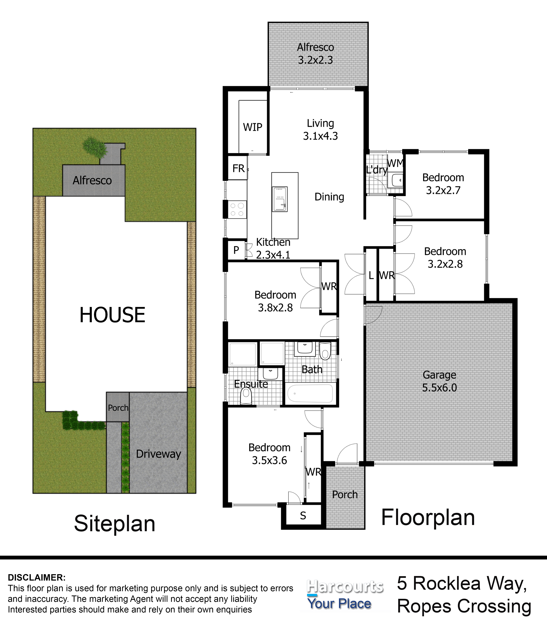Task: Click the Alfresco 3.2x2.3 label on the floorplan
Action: coord(315,54)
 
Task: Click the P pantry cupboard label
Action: coord(236,250)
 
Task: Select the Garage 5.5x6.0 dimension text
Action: coord(440,387)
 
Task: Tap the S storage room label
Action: coord(303,516)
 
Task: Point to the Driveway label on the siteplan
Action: coord(158,454)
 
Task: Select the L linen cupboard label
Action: coord(371,276)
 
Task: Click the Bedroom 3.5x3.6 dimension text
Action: coord(270,460)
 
